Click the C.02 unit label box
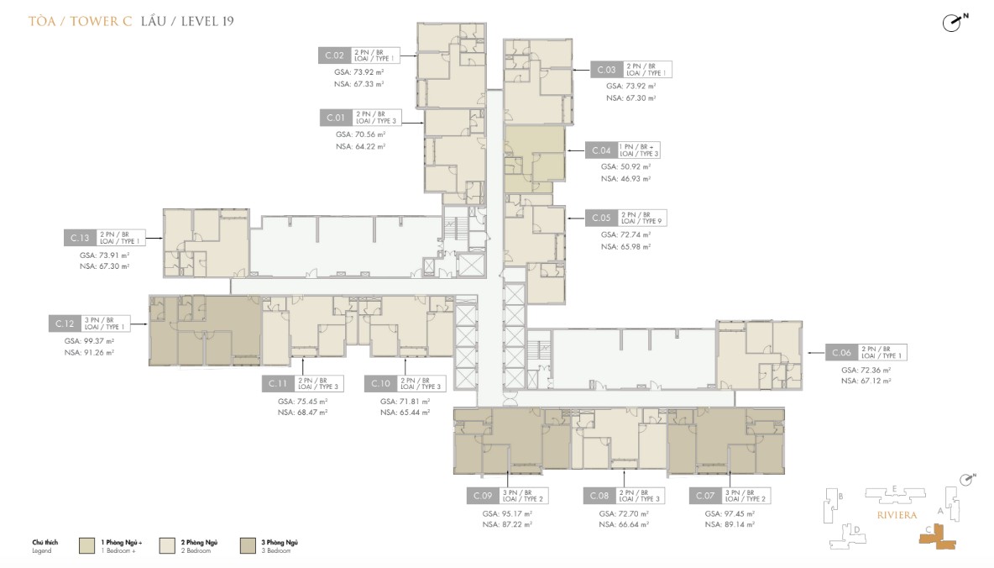[335, 55]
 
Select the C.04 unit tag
[601, 150]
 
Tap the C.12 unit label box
[65, 323]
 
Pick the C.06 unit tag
[842, 352]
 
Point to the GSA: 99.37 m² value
[89, 341]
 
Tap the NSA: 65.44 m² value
[405, 413]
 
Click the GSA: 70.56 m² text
[360, 134]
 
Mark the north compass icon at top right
[952, 23]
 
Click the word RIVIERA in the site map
[895, 514]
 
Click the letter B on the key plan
[840, 497]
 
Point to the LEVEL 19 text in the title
[206, 21]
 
